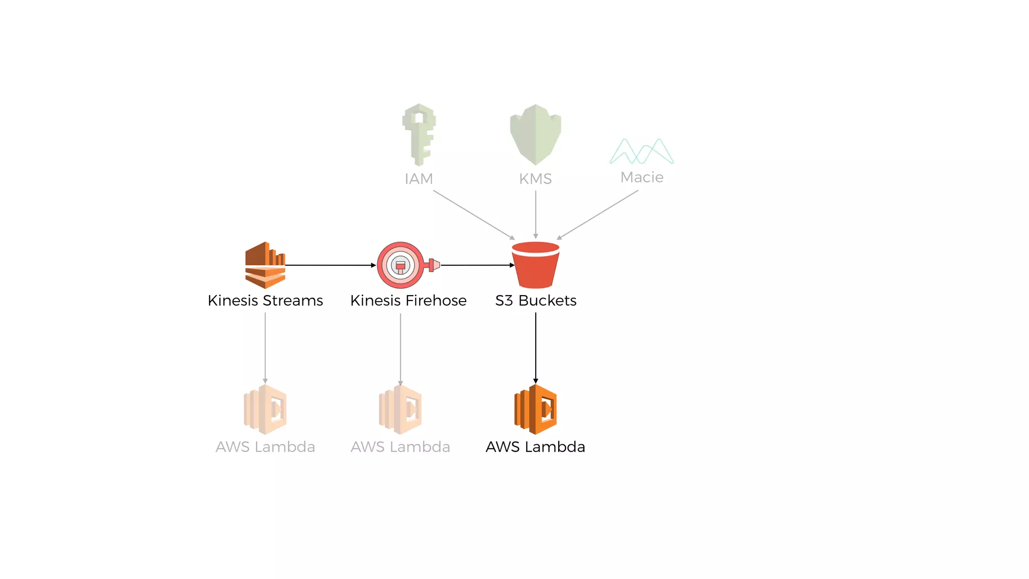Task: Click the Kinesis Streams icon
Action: pyautogui.click(x=265, y=265)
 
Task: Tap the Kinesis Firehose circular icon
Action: pyautogui.click(x=401, y=265)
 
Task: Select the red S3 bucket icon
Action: pyautogui.click(x=536, y=265)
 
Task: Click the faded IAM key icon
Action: pyautogui.click(x=419, y=134)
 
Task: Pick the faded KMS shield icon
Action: pyautogui.click(x=536, y=134)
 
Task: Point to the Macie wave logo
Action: pyautogui.click(x=642, y=151)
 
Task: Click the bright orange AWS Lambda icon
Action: pyautogui.click(x=536, y=409)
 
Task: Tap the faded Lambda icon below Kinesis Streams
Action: pyautogui.click(x=265, y=409)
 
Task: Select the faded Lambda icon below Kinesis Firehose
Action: pyautogui.click(x=400, y=409)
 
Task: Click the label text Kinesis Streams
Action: pyautogui.click(x=265, y=301)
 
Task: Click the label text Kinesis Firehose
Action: pyautogui.click(x=408, y=301)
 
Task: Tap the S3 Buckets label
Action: pyautogui.click(x=536, y=301)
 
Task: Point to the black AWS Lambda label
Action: pyautogui.click(x=536, y=447)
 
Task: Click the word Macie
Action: pyautogui.click(x=642, y=177)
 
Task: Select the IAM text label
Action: pyautogui.click(x=419, y=179)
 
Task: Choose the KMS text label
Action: pyautogui.click(x=536, y=179)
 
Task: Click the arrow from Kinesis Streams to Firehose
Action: pyautogui.click(x=330, y=265)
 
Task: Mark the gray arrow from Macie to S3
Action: pyautogui.click(x=597, y=215)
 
